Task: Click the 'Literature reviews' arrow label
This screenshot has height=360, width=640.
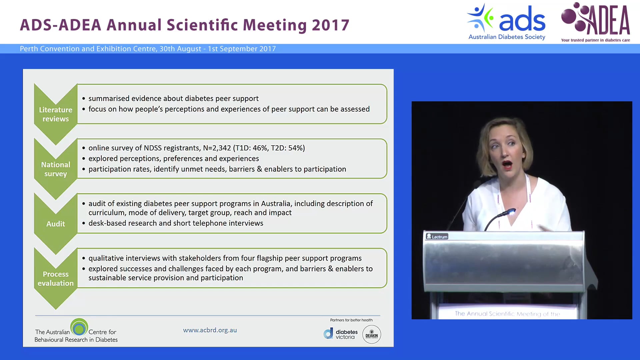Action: [x=56, y=114]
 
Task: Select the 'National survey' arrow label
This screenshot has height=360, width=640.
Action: [x=56, y=169]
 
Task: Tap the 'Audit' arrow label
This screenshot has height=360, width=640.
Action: [x=56, y=224]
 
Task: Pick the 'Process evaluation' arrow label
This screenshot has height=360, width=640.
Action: [x=56, y=278]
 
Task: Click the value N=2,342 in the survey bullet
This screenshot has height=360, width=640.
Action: [x=217, y=148]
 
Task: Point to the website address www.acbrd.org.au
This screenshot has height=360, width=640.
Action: [x=210, y=330]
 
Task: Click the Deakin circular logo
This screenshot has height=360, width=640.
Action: [x=372, y=334]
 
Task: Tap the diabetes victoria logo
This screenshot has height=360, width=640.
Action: [x=341, y=334]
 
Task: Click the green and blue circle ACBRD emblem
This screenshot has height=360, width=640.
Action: [x=79, y=328]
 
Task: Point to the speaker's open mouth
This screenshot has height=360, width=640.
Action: [x=507, y=165]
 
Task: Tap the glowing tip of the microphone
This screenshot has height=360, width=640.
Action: [x=511, y=211]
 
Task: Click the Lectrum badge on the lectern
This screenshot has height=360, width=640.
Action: [x=437, y=237]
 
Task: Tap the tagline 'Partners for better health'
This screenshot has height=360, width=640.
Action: [x=351, y=320]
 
